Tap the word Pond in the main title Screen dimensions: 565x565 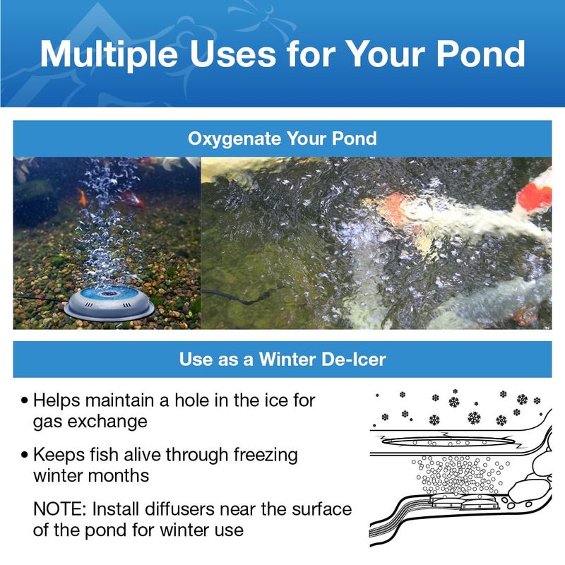click(x=481, y=54)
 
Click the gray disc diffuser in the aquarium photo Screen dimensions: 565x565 click(x=109, y=304)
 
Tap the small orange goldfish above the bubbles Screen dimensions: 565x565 click(x=83, y=198)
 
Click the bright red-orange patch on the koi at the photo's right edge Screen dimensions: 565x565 click(x=535, y=196)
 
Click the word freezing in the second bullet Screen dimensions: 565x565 click(x=266, y=456)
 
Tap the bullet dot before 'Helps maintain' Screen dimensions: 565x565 click(x=25, y=400)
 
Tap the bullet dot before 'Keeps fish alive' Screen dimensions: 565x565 click(x=25, y=455)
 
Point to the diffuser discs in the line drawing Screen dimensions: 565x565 click(x=465, y=501)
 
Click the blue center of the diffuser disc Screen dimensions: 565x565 click(x=109, y=293)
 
